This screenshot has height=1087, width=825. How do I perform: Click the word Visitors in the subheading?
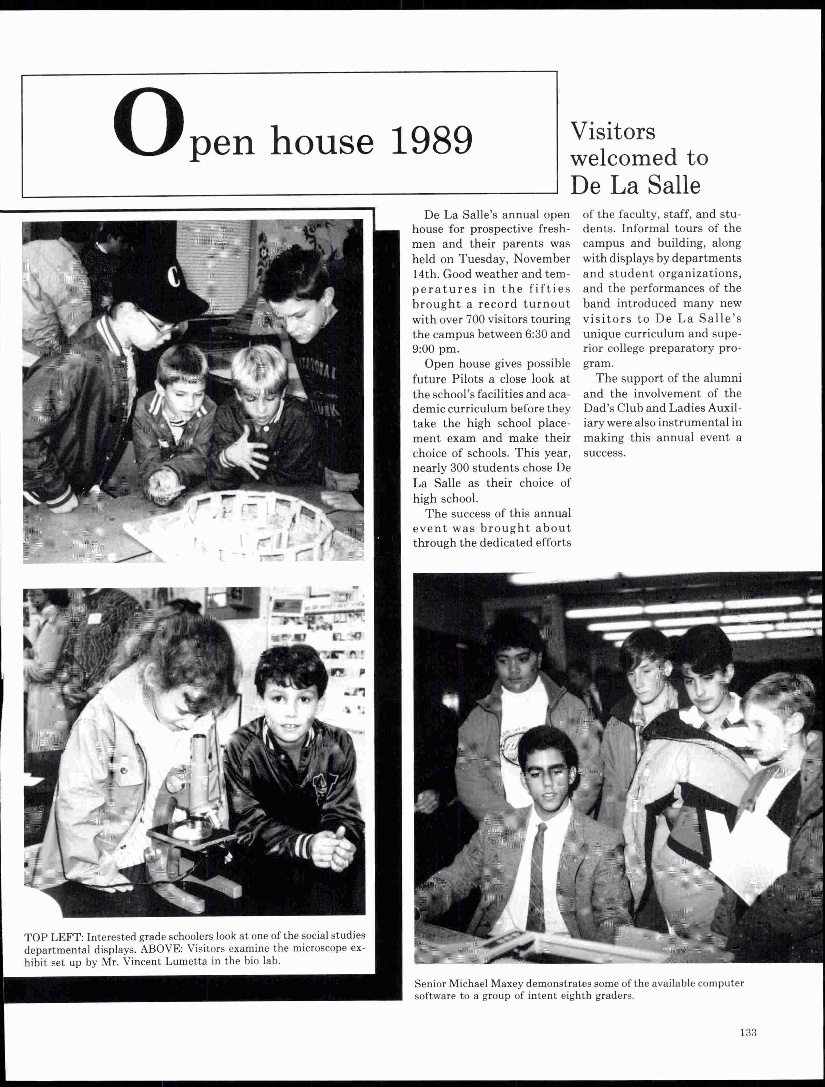(613, 132)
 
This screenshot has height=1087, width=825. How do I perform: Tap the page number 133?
(748, 1032)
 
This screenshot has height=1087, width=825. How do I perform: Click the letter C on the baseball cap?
(173, 276)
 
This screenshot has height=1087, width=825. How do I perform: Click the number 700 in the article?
(475, 319)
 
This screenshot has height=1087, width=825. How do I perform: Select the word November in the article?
(542, 259)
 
